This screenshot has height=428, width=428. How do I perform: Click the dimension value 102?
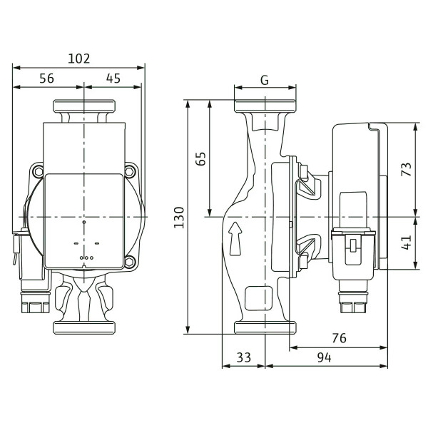coord(78,58)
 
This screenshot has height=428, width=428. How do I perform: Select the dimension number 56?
coord(46,78)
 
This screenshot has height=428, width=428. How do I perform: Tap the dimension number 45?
coord(113,78)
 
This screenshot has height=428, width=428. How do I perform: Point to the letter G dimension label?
coord(265,80)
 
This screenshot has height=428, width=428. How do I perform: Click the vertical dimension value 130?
coord(179,218)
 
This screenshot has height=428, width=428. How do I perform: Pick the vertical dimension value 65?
coord(200,159)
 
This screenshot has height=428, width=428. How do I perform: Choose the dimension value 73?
coord(407,169)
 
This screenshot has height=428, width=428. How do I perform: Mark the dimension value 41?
coord(407,243)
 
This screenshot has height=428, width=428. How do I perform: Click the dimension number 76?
coord(340,338)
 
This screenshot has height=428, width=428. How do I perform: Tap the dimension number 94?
coord(325,357)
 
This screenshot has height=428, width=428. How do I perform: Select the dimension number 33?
coord(243,357)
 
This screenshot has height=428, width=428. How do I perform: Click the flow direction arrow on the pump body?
coord(235,238)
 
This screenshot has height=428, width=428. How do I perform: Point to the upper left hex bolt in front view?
coord(38,172)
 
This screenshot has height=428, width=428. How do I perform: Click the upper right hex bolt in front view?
coord(130,172)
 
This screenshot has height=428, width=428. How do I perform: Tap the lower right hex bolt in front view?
coord(130,262)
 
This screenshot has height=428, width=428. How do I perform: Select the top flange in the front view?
coord(84,106)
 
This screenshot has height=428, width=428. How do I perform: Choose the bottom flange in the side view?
coord(265,328)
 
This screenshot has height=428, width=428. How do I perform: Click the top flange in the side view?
coord(265,106)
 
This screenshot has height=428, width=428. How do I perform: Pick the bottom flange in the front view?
coord(84,328)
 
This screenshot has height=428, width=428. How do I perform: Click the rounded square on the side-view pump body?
coord(258,298)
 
